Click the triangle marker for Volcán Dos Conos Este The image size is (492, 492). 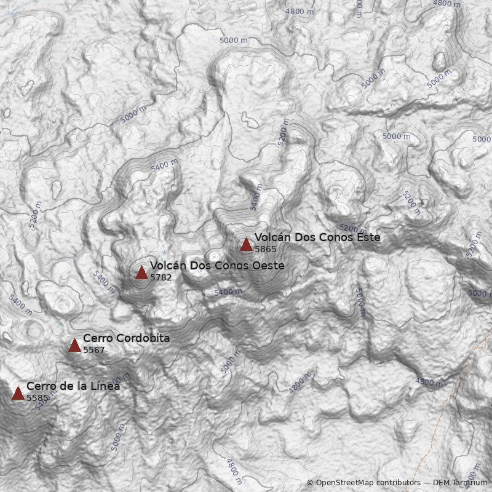click(x=246, y=245)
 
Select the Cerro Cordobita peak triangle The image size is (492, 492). click(x=74, y=346)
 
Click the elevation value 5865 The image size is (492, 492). click(x=266, y=249)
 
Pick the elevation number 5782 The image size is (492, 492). click(x=161, y=277)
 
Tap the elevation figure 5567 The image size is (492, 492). click(x=94, y=350)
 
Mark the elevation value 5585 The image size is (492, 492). click(x=38, y=398)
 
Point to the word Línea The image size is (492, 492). click(x=105, y=386)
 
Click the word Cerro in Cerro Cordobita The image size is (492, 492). click(x=97, y=338)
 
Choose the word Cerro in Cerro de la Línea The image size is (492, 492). click(x=40, y=386)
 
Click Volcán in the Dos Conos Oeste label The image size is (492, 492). click(x=167, y=266)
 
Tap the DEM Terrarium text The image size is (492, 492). click(x=460, y=483)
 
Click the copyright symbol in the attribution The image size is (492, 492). click(x=310, y=483)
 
